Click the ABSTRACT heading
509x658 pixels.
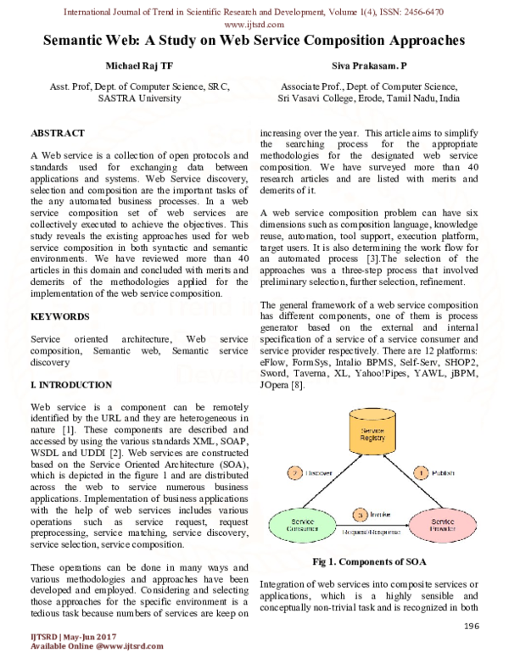click(x=58, y=133)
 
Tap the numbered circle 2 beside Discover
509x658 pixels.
click(x=294, y=471)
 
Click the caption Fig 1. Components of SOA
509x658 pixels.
click(x=368, y=561)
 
